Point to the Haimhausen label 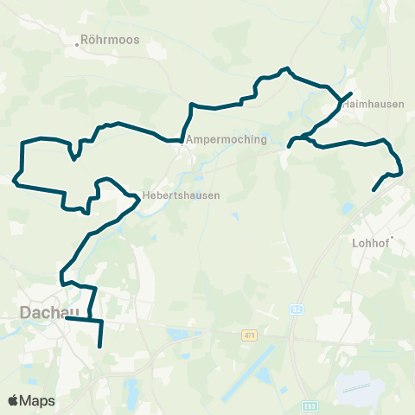373,104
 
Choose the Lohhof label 371,243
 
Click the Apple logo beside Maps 14,401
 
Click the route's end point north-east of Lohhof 373,190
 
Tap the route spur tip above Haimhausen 351,93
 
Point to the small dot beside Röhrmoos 78,45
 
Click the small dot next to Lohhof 392,237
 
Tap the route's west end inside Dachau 67,318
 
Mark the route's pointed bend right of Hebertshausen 138,199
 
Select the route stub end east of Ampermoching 289,146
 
